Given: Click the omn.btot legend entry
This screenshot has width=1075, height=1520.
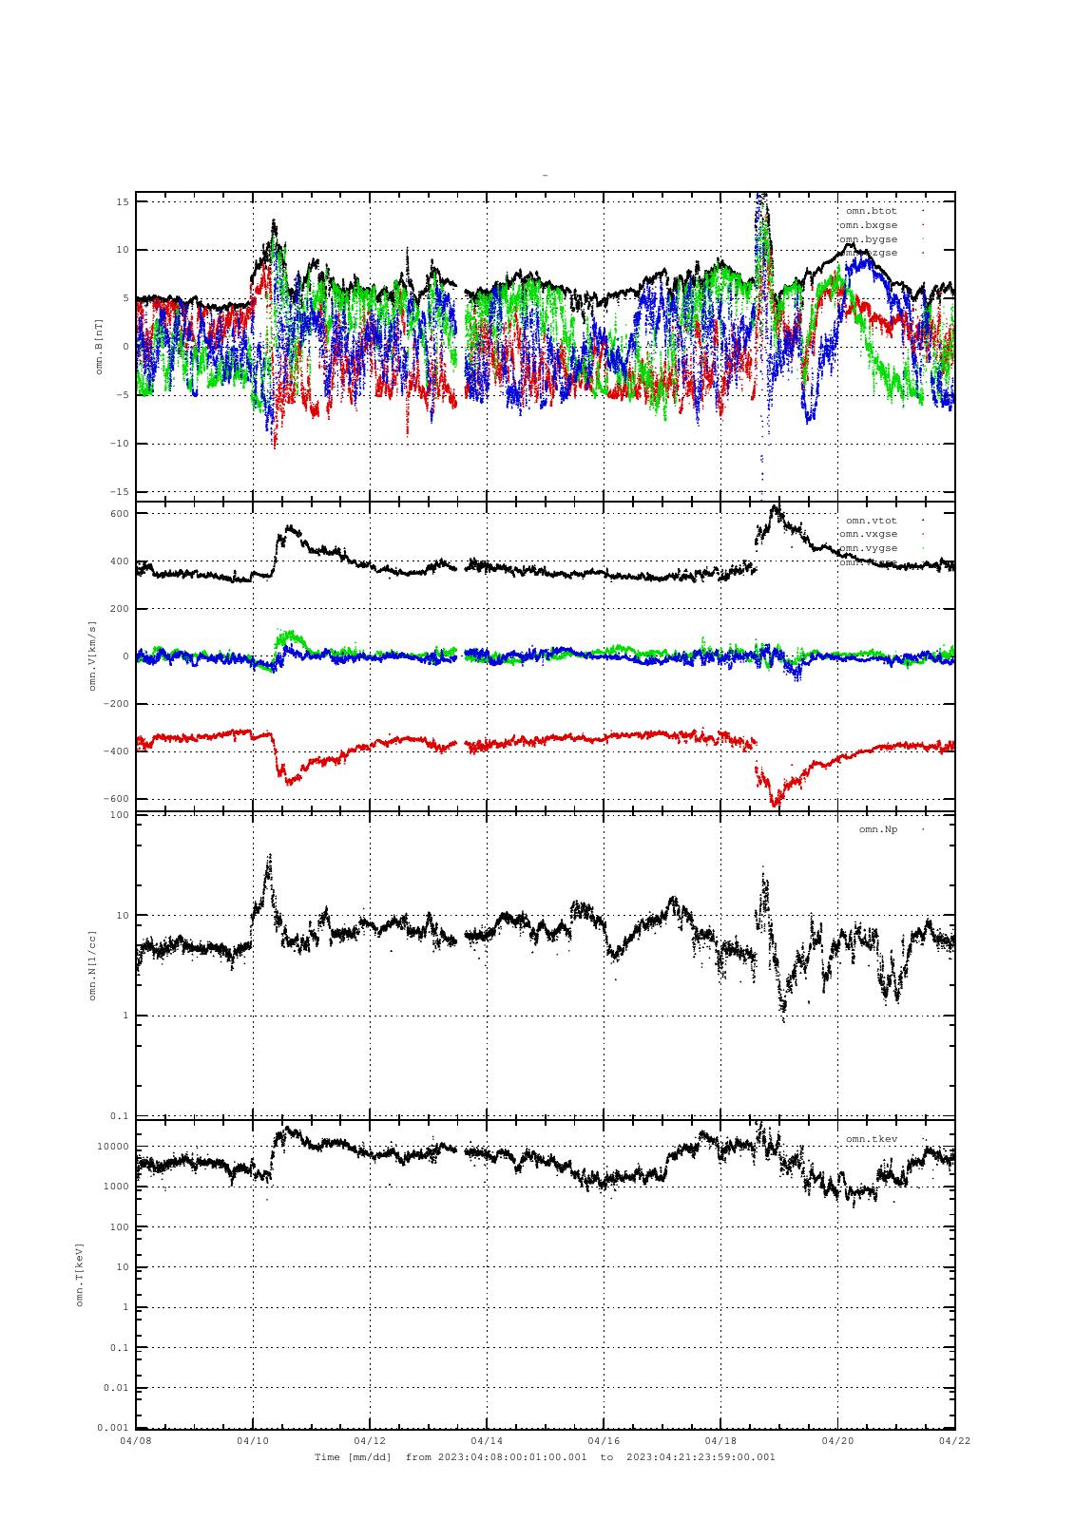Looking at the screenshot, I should coord(871,211).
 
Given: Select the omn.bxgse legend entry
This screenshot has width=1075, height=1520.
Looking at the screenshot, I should coord(868,225).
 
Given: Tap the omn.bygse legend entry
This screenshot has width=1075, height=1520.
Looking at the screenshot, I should coord(868,239).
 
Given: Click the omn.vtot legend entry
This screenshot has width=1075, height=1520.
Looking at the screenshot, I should coord(871,521).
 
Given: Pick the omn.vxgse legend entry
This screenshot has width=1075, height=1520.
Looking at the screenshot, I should coord(868,534).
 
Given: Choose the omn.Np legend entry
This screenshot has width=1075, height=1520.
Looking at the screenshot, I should coord(877,829).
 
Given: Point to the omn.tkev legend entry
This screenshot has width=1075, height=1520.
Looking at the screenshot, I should coord(871,1139).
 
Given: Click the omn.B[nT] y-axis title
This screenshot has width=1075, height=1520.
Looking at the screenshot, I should coord(99,347).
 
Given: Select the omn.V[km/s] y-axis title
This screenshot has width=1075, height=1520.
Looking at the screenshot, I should coord(93,655).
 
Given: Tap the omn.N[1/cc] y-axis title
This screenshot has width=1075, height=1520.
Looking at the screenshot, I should coord(93,965).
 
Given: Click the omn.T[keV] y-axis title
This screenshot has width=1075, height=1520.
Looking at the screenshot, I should coord(80,1274).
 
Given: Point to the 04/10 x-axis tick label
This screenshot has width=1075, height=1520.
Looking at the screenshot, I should coord(253,1441).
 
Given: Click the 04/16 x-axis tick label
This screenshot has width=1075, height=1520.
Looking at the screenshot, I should coord(604,1441).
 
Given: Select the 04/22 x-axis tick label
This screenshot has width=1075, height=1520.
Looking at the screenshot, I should coord(954,1441).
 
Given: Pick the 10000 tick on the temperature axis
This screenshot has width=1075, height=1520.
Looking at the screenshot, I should coord(112,1147).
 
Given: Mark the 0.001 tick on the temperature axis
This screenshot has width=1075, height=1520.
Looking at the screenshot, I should coord(112,1428).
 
